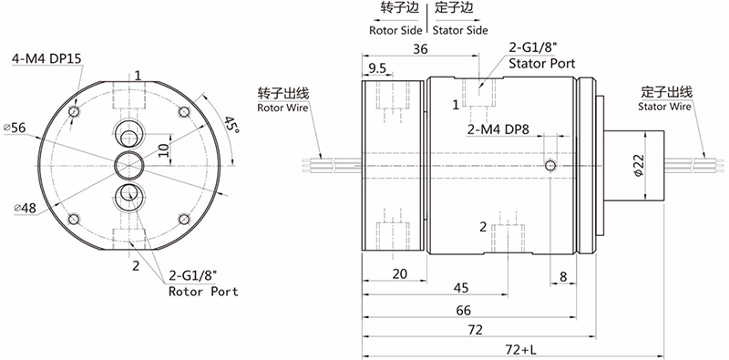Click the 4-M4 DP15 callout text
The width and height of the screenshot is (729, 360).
47,59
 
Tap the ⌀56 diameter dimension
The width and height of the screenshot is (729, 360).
15,127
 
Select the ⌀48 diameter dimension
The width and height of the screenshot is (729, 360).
26,208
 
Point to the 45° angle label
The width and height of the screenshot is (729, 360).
231,125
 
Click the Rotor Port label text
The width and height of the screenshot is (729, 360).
203,292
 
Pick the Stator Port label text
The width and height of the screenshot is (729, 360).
542,63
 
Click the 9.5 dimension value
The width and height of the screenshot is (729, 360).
377,69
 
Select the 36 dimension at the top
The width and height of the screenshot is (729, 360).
420,49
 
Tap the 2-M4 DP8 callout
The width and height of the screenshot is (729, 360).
498,129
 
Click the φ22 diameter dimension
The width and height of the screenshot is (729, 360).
639,166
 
